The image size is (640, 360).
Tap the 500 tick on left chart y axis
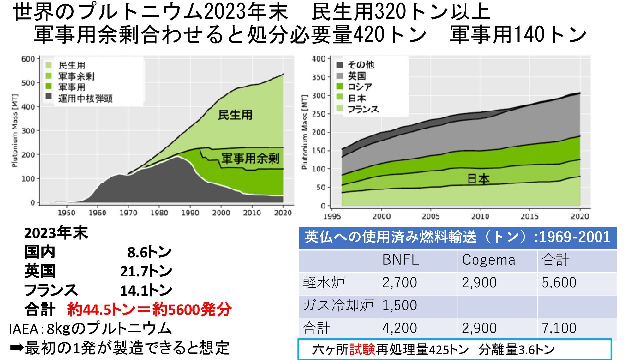pyautogui.click(x=28, y=83)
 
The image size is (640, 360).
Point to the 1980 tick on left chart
pyautogui.click(x=159, y=213)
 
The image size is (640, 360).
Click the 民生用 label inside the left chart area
pyautogui.click(x=235, y=115)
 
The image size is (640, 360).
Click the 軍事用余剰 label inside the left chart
pyautogui.click(x=250, y=159)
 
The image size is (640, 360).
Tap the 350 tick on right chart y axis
pyautogui.click(x=318, y=77)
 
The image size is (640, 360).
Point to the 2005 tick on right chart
pyautogui.click(x=431, y=216)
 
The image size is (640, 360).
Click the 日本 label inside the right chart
pyautogui.click(x=478, y=179)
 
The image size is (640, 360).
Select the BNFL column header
pyautogui.click(x=400, y=260)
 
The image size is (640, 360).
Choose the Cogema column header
pyautogui.click(x=488, y=260)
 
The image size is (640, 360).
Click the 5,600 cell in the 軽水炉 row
pyautogui.click(x=559, y=283)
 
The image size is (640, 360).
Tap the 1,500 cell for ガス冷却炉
pyautogui.click(x=399, y=305)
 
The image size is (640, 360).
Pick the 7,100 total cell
pyautogui.click(x=559, y=328)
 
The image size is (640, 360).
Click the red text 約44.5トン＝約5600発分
pyautogui.click(x=149, y=309)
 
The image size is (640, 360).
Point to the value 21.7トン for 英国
pyautogui.click(x=146, y=271)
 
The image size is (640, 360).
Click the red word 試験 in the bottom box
pyautogui.click(x=362, y=350)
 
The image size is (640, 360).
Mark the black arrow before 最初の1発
pyautogui.click(x=17, y=348)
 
